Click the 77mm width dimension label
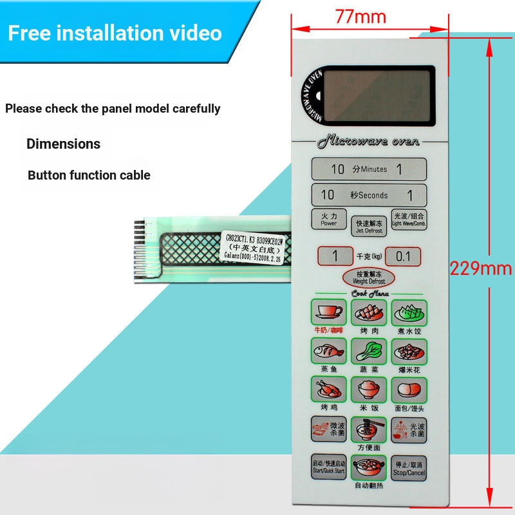(360, 16)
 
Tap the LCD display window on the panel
(378, 96)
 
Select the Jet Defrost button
(369, 226)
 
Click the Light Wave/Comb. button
(409, 220)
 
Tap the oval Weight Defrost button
(368, 277)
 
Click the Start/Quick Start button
(329, 467)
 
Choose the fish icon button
(329, 351)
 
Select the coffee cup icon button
(329, 312)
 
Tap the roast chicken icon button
(329, 390)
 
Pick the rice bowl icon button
(369, 390)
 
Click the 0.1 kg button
(403, 256)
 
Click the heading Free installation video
(115, 32)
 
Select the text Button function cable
(89, 175)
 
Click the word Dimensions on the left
(63, 144)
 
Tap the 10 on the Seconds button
(328, 194)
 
